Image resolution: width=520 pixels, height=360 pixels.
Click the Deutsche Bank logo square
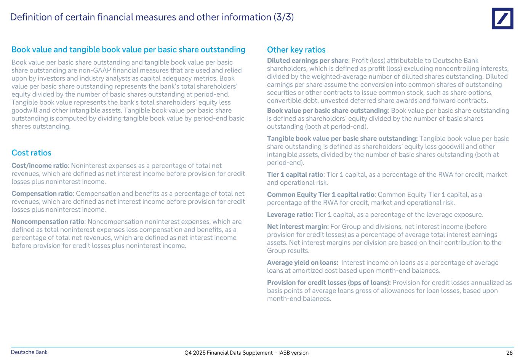(x=502, y=18)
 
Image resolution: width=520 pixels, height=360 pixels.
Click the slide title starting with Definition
(x=152, y=17)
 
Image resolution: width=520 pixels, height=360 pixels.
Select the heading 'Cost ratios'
(x=31, y=153)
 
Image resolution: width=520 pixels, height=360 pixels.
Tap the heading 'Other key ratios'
(x=296, y=50)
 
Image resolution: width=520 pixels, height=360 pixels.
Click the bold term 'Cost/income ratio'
(x=40, y=166)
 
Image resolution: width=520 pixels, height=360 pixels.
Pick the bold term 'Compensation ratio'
(x=42, y=194)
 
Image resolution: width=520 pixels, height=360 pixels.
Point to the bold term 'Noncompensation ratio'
(x=48, y=221)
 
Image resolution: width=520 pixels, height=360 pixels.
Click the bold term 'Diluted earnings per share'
(x=307, y=61)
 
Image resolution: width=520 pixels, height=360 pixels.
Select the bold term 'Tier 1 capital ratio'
(x=295, y=174)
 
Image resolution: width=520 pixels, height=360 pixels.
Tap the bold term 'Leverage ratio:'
(x=290, y=214)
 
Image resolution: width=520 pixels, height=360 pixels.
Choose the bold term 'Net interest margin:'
(x=298, y=227)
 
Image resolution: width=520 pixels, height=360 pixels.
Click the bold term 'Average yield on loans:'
(x=302, y=262)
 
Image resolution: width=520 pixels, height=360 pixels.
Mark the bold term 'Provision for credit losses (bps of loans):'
(x=329, y=283)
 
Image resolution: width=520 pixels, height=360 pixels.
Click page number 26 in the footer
(x=509, y=353)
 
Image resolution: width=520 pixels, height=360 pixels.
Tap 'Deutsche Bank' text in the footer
(x=29, y=352)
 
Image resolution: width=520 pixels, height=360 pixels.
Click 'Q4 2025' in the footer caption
(x=194, y=353)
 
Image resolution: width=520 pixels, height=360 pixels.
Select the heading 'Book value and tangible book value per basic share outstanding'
(x=128, y=50)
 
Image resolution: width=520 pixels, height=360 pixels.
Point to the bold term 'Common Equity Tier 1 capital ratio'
(x=320, y=195)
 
